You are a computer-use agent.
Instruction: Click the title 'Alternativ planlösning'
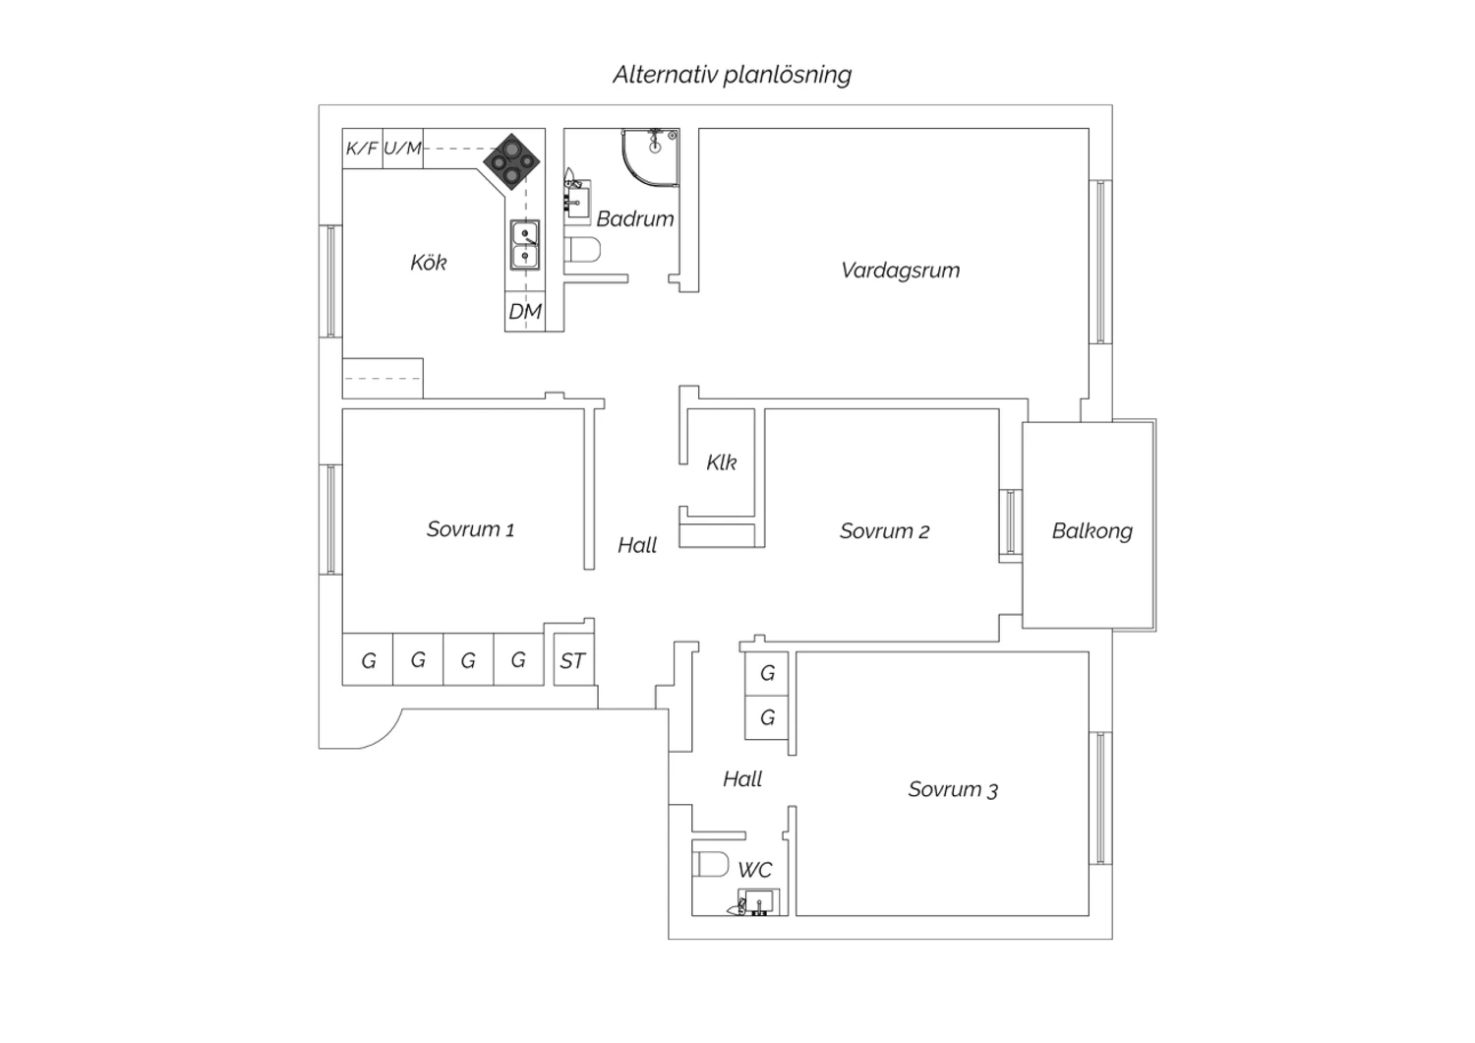733,75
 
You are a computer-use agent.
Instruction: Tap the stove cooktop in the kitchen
511,161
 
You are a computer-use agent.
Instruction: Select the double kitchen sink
525,245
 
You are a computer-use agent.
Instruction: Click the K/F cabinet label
362,149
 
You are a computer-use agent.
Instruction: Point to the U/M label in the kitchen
402,149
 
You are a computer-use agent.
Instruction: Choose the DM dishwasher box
525,311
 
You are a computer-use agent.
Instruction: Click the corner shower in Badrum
650,156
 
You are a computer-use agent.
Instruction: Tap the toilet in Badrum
583,250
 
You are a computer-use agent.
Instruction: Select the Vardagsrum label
900,271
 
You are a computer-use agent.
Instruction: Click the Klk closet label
721,462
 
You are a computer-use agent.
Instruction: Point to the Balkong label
1091,531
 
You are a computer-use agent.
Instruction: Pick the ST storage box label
572,661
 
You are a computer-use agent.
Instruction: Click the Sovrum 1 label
470,529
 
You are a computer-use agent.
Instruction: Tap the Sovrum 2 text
884,531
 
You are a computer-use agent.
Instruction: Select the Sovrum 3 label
953,789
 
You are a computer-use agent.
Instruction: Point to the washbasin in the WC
757,902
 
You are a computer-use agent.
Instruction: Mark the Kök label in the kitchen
428,263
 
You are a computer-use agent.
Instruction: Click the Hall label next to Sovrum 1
637,545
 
